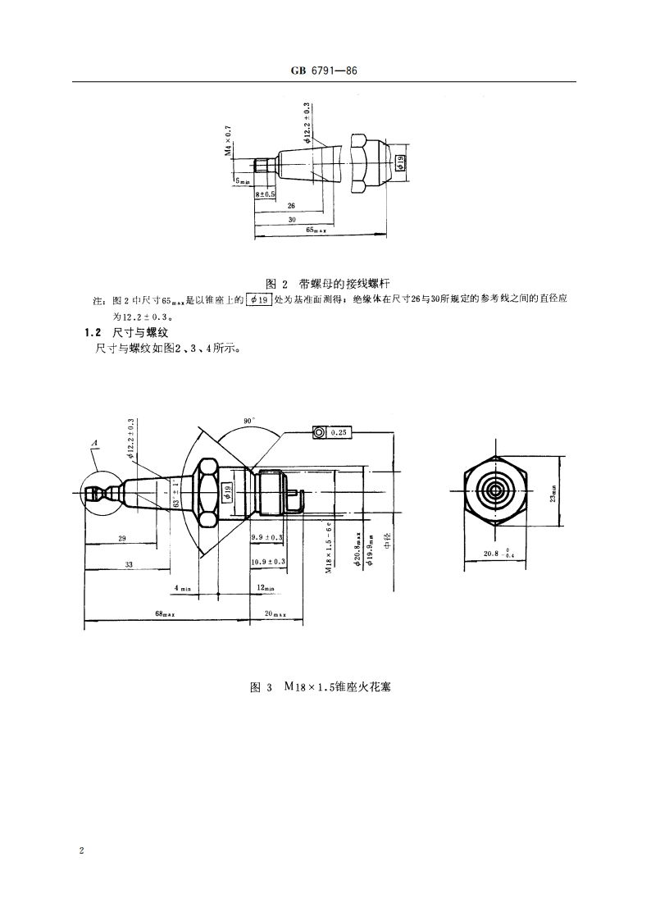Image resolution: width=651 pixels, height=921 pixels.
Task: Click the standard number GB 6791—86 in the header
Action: tap(325, 71)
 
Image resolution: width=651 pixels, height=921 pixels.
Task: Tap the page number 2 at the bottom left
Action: tap(82, 850)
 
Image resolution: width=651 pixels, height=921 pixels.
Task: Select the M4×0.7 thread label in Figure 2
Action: tap(229, 141)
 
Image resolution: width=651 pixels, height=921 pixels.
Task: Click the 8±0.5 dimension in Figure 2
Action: tap(265, 194)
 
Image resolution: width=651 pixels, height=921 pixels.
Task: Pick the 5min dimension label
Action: tap(244, 180)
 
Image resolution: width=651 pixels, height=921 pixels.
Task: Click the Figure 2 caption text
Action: tap(325, 285)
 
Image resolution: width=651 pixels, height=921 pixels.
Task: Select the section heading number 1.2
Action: tap(91, 333)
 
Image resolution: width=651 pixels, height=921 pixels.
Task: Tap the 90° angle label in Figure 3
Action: tap(249, 420)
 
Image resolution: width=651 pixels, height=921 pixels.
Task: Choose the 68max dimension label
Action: tap(166, 613)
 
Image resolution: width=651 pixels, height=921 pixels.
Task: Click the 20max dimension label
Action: tap(272, 613)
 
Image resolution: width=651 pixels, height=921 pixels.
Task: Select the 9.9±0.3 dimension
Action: tap(266, 537)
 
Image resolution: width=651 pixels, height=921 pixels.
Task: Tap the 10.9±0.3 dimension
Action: tap(267, 561)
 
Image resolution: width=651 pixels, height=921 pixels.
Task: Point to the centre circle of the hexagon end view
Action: tap(495, 491)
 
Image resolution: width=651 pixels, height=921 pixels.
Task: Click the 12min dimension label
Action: tap(265, 587)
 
